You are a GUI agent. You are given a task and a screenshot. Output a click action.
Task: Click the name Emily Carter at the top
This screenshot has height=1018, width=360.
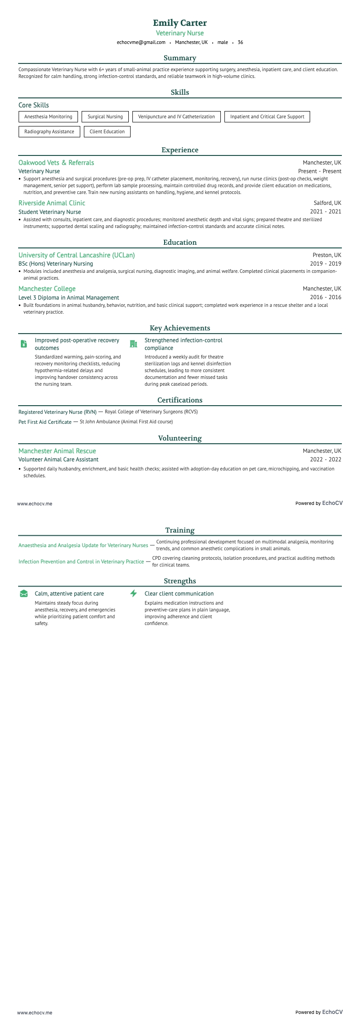(180, 23)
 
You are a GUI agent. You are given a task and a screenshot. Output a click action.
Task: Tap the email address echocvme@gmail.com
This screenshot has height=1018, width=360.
(141, 43)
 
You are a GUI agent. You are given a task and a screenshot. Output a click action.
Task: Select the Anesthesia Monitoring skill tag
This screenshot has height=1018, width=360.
(48, 117)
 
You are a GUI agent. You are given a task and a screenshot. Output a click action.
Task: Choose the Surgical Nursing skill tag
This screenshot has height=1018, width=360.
(105, 117)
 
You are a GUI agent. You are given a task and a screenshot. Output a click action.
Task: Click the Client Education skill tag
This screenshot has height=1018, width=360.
(107, 132)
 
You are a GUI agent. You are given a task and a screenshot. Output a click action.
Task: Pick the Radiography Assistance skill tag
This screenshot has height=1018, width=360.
(49, 132)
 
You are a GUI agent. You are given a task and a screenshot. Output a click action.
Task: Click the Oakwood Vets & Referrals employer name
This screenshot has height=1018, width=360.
(56, 163)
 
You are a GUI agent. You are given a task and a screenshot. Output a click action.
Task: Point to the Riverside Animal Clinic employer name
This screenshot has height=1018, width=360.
(52, 203)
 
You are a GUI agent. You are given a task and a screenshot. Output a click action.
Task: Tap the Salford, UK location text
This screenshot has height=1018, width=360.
(327, 203)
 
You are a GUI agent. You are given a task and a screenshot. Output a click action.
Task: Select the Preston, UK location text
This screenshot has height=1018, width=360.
(327, 255)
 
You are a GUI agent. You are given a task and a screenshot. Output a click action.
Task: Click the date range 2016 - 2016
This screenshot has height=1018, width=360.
(326, 298)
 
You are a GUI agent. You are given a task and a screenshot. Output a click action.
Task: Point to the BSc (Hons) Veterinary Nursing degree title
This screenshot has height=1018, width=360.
(56, 264)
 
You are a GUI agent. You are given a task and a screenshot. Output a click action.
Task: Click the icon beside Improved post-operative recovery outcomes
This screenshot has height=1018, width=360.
(24, 344)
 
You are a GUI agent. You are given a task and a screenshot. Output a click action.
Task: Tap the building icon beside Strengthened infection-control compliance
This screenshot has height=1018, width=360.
(133, 344)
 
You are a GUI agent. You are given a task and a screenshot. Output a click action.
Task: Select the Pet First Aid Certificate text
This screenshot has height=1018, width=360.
(45, 422)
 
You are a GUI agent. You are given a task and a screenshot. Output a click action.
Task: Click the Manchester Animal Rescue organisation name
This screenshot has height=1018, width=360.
(57, 451)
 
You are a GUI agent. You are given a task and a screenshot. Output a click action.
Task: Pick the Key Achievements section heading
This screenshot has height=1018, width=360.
(180, 328)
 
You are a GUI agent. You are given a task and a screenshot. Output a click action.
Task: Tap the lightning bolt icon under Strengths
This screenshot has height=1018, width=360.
(133, 593)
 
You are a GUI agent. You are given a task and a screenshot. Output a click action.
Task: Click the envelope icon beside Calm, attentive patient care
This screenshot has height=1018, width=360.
(24, 594)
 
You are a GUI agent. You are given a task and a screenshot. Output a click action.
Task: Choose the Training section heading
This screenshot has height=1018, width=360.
(180, 530)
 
